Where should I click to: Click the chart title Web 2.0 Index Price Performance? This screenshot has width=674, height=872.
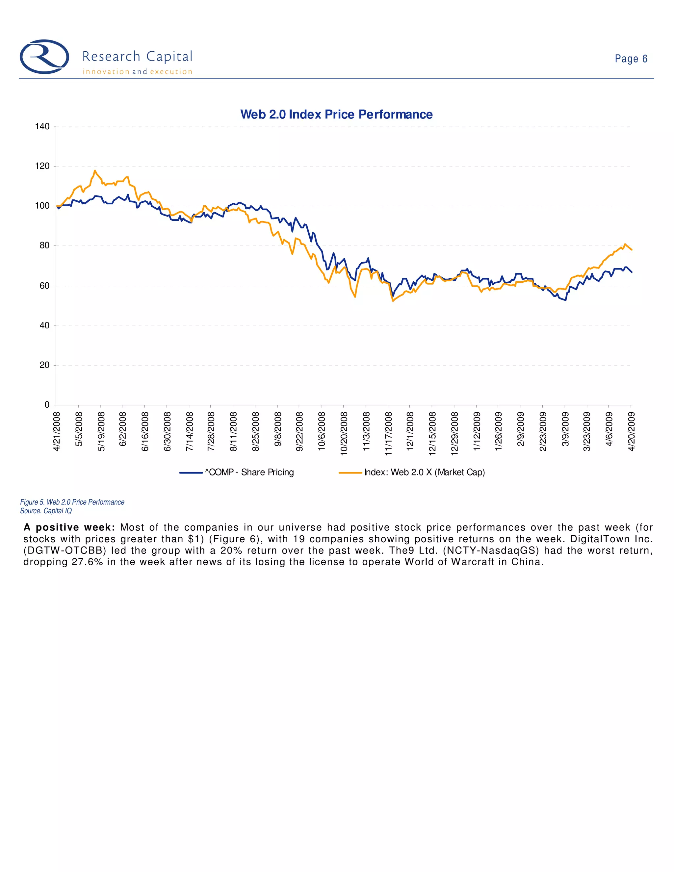tap(336, 115)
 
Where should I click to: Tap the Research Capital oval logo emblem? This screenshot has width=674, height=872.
tap(44, 57)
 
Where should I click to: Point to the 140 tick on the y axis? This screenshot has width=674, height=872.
tap(42, 127)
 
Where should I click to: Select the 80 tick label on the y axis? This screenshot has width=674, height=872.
tap(44, 245)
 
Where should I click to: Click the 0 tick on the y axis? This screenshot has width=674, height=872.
tap(47, 405)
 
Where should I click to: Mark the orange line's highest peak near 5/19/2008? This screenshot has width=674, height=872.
tap(95, 170)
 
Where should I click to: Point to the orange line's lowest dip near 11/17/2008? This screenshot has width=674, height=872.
tap(393, 301)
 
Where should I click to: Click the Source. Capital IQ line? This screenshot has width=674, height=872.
tap(46, 511)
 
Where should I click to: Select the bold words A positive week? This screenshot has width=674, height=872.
tap(69, 527)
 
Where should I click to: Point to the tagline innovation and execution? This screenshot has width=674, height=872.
tap(137, 72)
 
